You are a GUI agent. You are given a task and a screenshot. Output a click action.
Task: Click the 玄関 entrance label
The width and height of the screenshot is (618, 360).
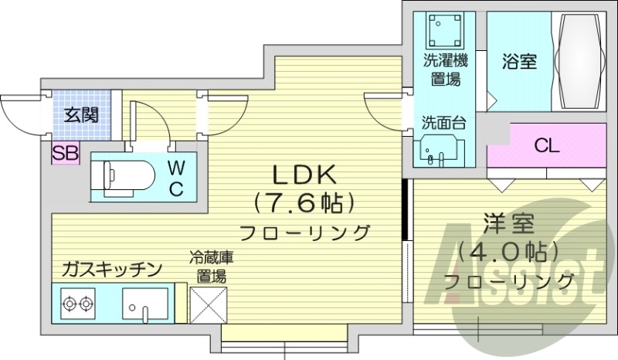[x=80, y=116]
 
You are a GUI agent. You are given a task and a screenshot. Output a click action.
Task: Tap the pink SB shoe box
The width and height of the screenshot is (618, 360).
[x=65, y=153]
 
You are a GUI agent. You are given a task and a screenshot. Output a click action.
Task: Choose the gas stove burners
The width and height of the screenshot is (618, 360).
[x=76, y=303]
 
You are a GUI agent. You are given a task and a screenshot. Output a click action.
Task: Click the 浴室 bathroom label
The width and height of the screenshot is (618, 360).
[x=519, y=63]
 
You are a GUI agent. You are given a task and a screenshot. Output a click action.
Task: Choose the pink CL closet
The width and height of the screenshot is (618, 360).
[x=547, y=146]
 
